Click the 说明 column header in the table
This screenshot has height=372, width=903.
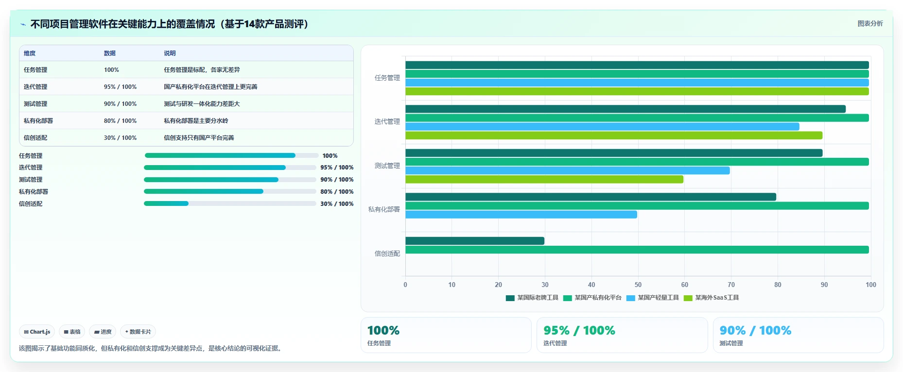[x=170, y=53]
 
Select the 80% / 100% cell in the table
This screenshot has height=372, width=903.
[x=120, y=121]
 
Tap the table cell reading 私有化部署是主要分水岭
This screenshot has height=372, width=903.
[x=196, y=121]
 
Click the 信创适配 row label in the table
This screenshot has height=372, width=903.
[x=35, y=138]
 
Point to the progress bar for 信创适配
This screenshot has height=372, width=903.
[x=230, y=203]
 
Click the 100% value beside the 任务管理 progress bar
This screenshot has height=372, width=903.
[x=330, y=156]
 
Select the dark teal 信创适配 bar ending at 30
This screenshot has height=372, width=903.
[x=475, y=241]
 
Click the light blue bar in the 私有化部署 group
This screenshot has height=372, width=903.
[x=521, y=215]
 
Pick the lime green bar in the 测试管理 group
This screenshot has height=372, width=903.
[x=544, y=180]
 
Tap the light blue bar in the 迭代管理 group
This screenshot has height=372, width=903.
[x=602, y=127]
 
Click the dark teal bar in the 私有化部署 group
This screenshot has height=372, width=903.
[x=590, y=197]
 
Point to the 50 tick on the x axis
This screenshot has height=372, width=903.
[x=638, y=285]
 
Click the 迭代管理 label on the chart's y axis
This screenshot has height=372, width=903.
[x=387, y=122]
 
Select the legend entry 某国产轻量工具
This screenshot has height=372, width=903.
[x=653, y=298]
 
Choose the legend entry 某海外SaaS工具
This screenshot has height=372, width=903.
[x=712, y=298]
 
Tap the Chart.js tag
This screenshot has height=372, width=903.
[x=37, y=332]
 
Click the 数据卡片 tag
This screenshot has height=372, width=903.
[x=138, y=332]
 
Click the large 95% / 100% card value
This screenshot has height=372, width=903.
[x=579, y=331]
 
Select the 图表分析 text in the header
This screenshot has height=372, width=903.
[x=870, y=23]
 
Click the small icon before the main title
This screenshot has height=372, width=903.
[x=23, y=24]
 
